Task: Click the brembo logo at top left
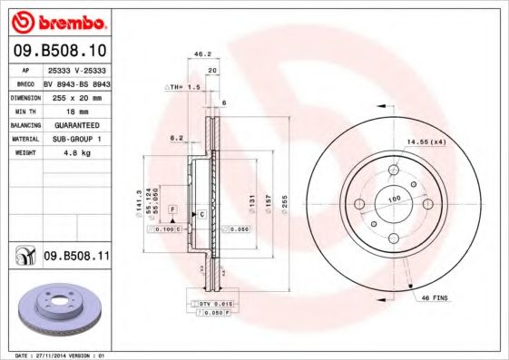[x=58, y=20]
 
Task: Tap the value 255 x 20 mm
[x=75, y=95]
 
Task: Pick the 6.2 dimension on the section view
[x=176, y=138]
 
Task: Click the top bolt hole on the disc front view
[x=394, y=170]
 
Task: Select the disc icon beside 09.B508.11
[x=23, y=258]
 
